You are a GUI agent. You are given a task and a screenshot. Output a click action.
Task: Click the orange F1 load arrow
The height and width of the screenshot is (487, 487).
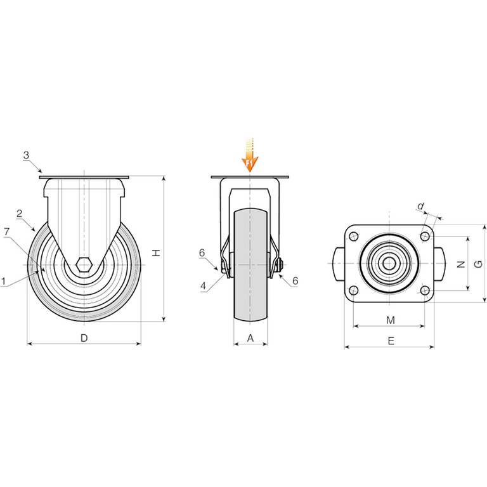[250, 155]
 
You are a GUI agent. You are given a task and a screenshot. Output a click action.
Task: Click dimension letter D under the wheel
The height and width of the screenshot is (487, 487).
[84, 338]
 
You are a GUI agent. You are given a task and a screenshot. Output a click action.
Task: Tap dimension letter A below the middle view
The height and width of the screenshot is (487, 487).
[250, 338]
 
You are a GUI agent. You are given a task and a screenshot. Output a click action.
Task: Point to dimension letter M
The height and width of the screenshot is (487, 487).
[391, 320]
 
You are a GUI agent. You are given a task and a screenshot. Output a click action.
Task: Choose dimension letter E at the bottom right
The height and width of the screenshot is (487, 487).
[391, 341]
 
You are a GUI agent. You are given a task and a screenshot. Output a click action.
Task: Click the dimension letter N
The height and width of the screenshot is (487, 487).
[461, 264]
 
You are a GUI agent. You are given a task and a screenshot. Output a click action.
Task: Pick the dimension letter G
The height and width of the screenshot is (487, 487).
[479, 264]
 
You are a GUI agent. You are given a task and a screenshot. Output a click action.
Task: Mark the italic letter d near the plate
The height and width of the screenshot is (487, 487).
[420, 206]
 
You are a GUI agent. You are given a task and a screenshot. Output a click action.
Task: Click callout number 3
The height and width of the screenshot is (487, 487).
[26, 155]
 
